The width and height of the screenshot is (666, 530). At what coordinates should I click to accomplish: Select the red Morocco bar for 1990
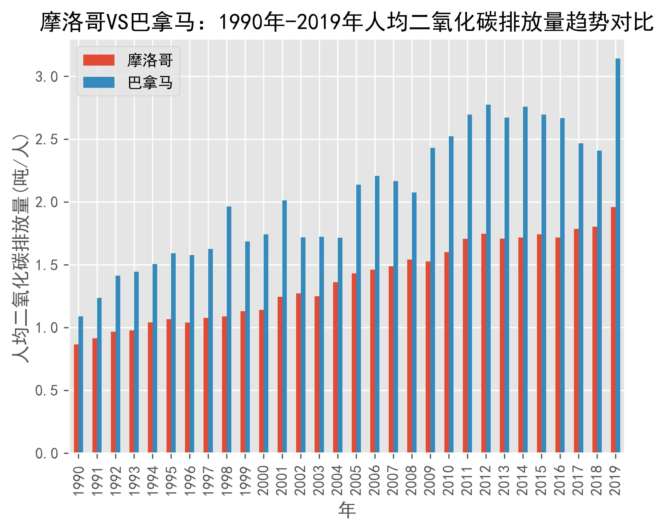click(x=76, y=399)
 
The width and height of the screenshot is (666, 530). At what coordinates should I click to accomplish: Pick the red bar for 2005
click(x=354, y=363)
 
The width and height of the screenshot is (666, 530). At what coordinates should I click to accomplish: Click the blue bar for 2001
click(x=285, y=326)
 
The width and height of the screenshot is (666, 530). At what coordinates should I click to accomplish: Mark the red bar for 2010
click(x=447, y=352)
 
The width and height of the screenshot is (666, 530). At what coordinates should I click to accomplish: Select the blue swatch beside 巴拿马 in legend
click(x=99, y=83)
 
